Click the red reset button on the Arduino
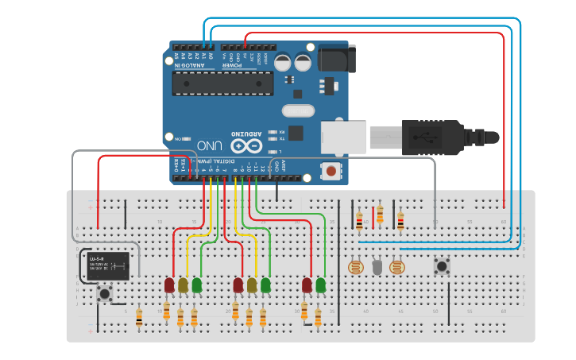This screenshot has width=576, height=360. [x=330, y=170]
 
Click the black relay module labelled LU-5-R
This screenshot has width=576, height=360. [x=109, y=265]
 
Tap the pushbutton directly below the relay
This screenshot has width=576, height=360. [x=104, y=295]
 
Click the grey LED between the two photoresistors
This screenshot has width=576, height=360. [x=377, y=267]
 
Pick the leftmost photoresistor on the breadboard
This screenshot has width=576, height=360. [x=354, y=268]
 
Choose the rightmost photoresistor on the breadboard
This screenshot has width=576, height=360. [x=398, y=268]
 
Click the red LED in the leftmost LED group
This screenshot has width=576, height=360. [x=169, y=285]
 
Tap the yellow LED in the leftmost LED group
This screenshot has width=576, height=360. [x=183, y=285]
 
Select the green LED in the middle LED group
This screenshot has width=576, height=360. [x=265, y=285]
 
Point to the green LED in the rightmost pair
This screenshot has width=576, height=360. [x=320, y=285]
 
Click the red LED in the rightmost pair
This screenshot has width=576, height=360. [x=307, y=285]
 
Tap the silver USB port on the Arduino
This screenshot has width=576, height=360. [x=343, y=137]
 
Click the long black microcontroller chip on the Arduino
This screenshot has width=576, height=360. [x=222, y=83]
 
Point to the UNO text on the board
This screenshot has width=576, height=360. [x=210, y=145]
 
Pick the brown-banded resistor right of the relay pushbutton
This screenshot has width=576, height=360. [x=139, y=318]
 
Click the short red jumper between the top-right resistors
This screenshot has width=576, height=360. [x=369, y=215]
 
